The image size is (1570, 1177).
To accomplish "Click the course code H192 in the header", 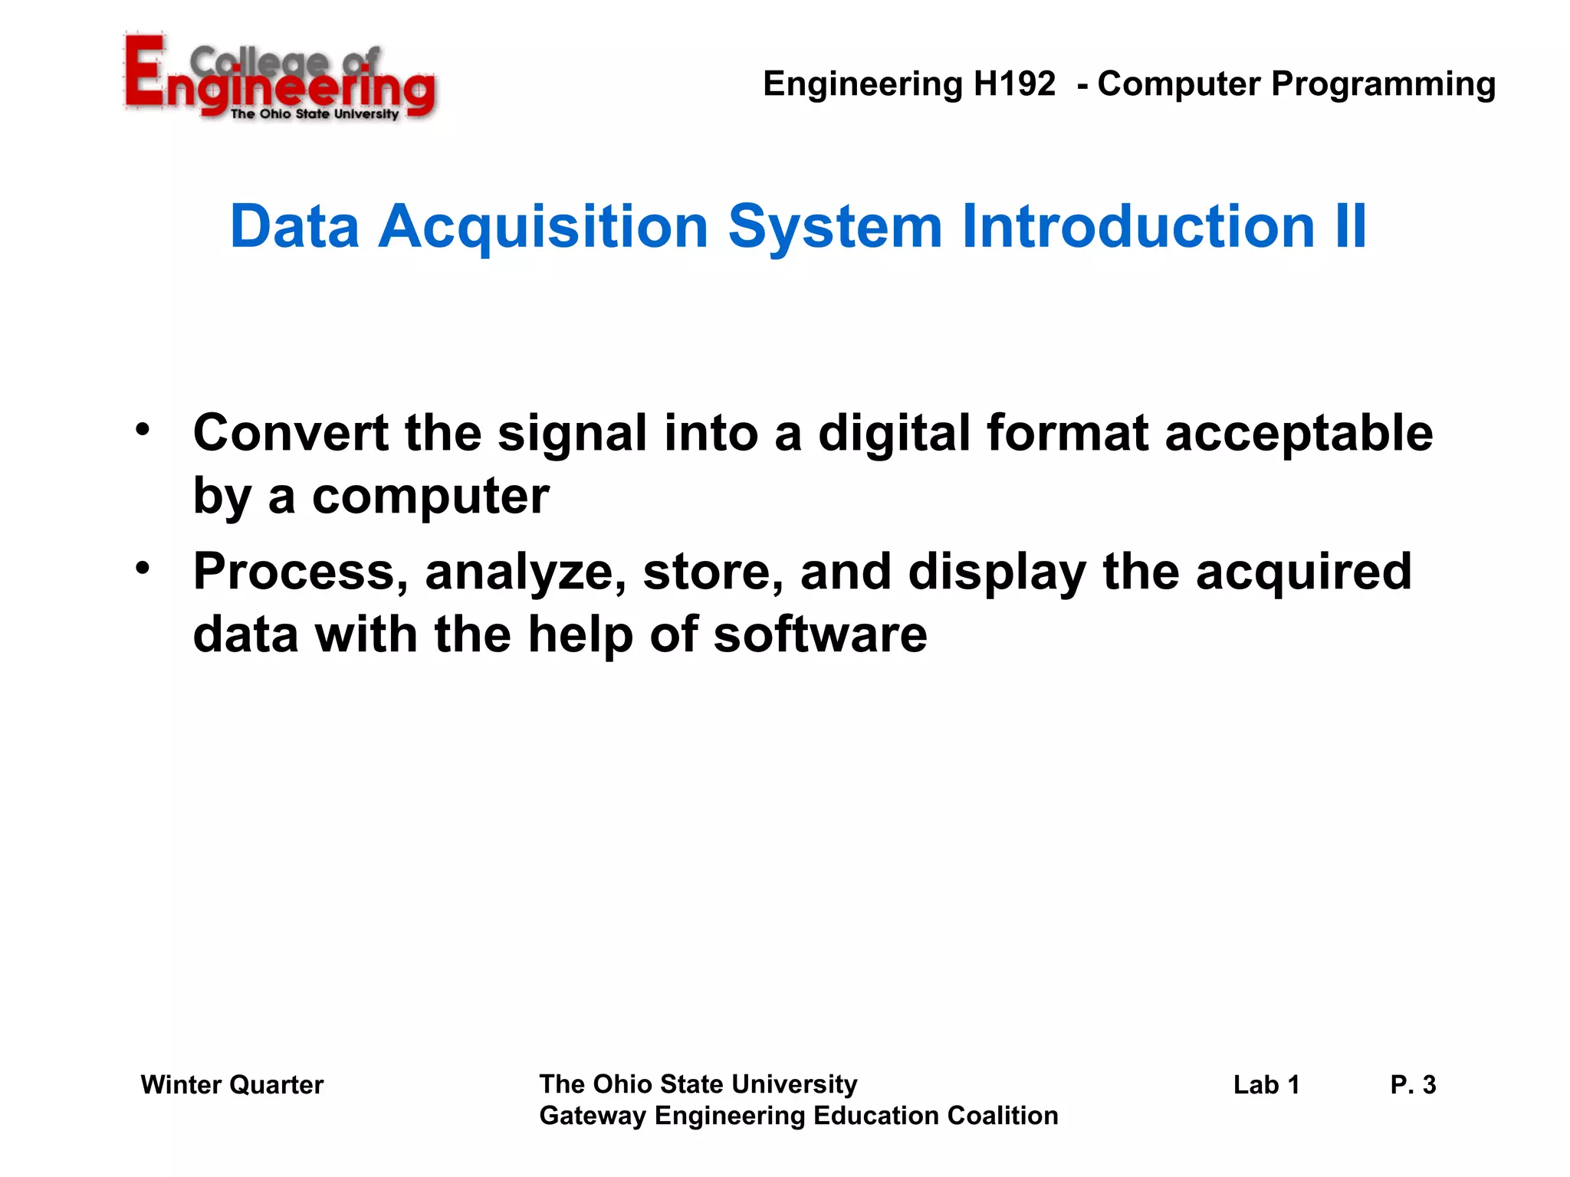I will pos(1014,84).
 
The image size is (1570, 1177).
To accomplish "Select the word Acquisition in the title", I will pos(543,227).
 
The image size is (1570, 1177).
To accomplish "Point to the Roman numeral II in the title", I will pos(1350,226).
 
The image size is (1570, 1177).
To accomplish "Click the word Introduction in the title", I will pos(1138,226).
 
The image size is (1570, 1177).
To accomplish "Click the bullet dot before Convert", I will pos(143,429).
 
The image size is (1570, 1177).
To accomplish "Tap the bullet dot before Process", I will pos(143,569).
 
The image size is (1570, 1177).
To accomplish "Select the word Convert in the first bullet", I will pos(291,433).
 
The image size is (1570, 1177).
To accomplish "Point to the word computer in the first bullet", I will pos(430,497).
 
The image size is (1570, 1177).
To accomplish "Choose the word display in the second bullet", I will pos(997,574).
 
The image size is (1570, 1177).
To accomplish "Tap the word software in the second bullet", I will pos(819,635).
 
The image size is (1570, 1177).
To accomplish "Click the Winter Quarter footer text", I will pos(232,1085).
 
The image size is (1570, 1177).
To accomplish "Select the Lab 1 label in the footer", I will pos(1266,1085).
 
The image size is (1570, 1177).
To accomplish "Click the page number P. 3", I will pos(1413,1085).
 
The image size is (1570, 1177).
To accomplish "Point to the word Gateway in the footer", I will pos(592,1116).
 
